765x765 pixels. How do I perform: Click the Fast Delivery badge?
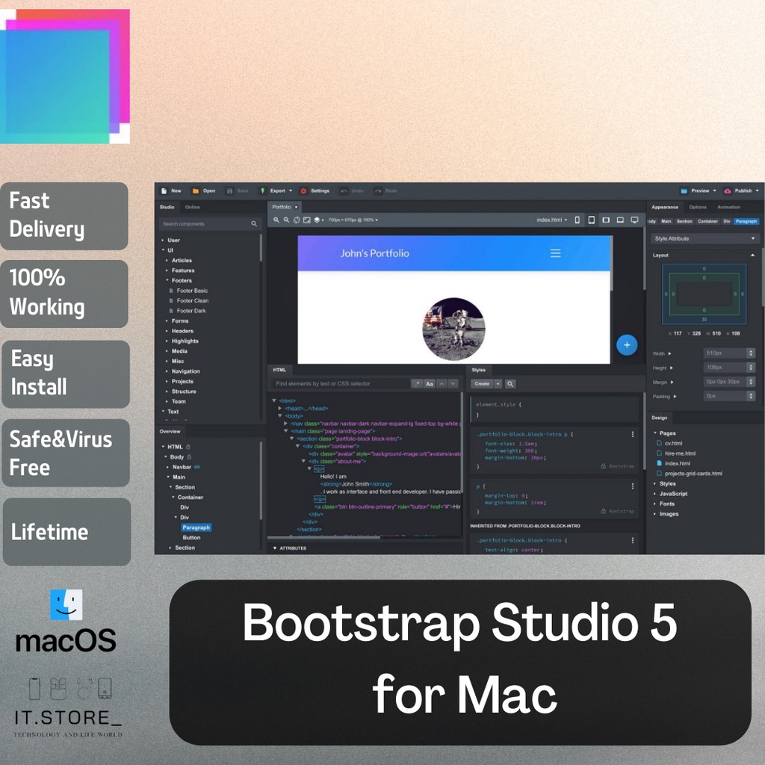[64, 215]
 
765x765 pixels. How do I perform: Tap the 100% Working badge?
[64, 292]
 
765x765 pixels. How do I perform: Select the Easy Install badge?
[64, 373]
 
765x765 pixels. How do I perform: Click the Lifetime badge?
[66, 532]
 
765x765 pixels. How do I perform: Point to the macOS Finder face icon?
[66, 605]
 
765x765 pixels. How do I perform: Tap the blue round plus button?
[627, 345]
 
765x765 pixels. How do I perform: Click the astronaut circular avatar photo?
[453, 329]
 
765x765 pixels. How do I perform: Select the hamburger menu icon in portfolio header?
[555, 253]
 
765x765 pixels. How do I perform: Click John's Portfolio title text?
[375, 253]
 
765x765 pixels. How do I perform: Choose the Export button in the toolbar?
[276, 191]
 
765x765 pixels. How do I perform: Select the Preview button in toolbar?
[698, 191]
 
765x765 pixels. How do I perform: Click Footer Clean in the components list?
[193, 300]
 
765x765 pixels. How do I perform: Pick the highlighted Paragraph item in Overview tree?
[196, 527]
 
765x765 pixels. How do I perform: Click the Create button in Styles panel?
[482, 383]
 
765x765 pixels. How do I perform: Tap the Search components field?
[205, 223]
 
